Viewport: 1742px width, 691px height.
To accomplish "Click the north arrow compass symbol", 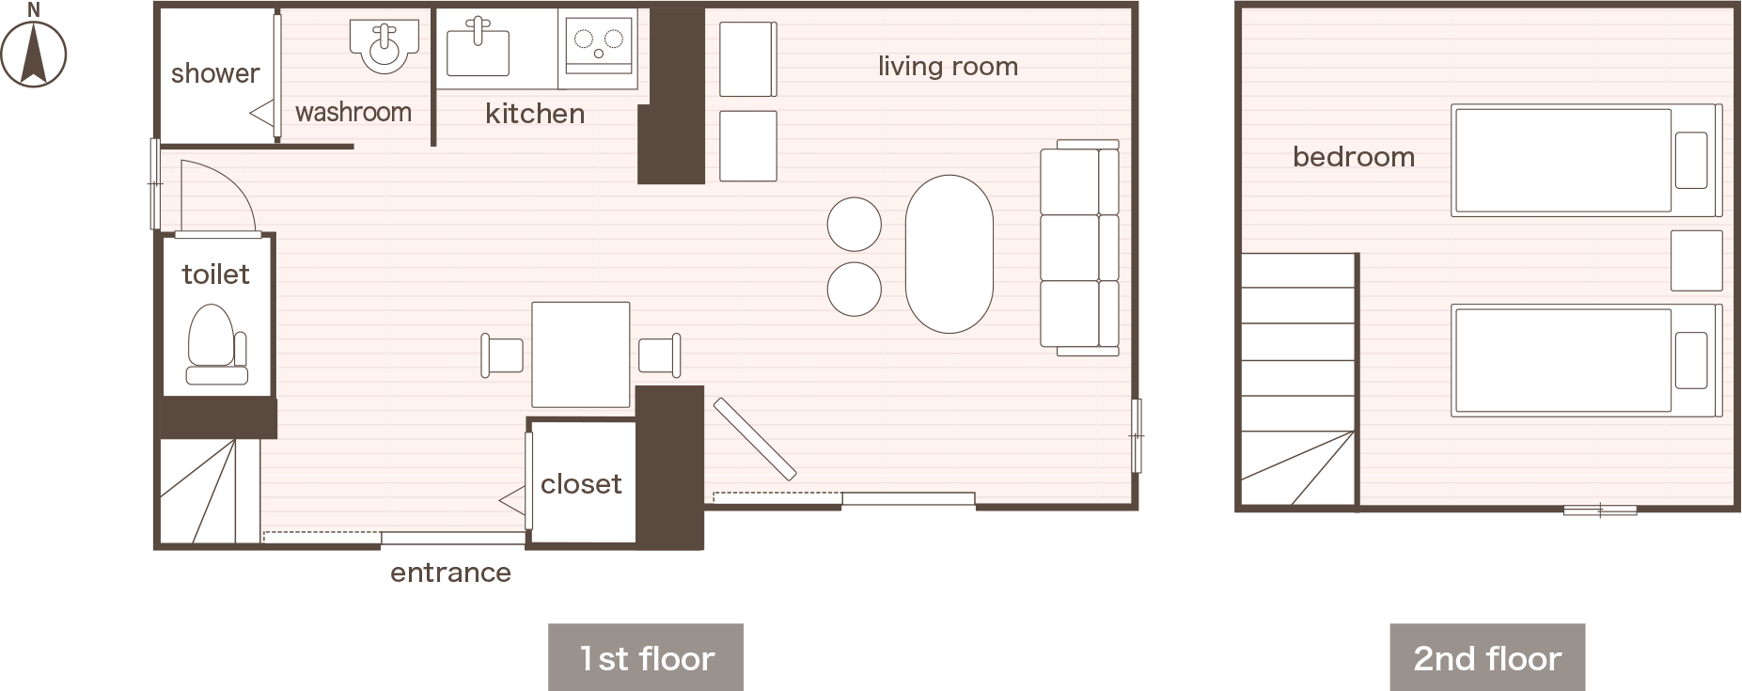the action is tap(34, 49).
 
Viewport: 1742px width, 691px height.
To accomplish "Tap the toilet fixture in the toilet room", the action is tap(217, 345).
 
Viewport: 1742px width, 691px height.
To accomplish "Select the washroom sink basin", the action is tap(384, 45).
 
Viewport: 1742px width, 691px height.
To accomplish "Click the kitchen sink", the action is tap(478, 48).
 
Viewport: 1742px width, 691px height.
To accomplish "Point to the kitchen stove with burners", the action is tap(599, 44).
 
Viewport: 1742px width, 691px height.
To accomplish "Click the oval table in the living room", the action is tap(949, 254).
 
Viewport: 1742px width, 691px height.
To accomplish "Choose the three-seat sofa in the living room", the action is tap(1080, 248).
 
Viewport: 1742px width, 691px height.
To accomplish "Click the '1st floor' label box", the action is tap(646, 657).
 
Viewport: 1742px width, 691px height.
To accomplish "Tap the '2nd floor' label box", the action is tap(1487, 657).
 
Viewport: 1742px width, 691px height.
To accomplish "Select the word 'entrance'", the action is tap(450, 573).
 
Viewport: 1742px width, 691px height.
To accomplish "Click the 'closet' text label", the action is tap(581, 484).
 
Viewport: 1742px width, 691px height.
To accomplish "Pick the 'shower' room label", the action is tap(215, 73).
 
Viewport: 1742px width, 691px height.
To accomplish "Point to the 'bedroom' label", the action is tap(1354, 157).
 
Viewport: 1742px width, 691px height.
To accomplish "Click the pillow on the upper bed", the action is tap(1691, 161).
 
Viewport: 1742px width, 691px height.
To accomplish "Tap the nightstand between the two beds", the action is tap(1697, 260).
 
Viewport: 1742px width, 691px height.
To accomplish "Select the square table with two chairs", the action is tap(581, 354).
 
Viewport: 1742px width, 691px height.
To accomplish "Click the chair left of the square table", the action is tap(502, 355).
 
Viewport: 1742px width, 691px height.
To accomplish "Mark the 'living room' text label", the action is tap(948, 67).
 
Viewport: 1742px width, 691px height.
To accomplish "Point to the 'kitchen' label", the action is tap(535, 114).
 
